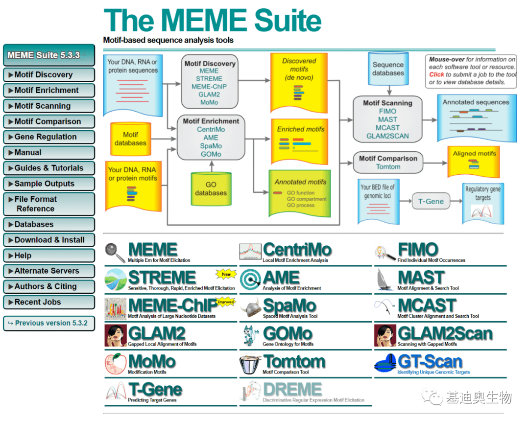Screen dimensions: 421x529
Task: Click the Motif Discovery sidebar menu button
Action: tap(48, 75)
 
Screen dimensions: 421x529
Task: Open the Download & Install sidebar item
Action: tap(48, 240)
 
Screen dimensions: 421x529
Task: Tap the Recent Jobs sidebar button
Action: tap(48, 302)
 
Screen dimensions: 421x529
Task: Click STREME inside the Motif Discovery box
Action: tap(209, 79)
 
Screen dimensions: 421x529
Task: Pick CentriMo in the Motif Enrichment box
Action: tap(211, 130)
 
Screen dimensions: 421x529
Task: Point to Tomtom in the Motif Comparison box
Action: tap(388, 167)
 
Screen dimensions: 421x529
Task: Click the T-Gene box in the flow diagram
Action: tap(431, 201)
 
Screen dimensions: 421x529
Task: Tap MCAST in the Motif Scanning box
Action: tap(387, 128)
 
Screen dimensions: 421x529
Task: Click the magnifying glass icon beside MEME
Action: tap(115, 252)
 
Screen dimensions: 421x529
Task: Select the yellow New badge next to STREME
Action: tap(226, 274)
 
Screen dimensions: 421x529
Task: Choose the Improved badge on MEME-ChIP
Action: tap(226, 302)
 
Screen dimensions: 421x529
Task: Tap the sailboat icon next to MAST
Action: tap(385, 280)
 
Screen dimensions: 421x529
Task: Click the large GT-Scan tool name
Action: tap(430, 362)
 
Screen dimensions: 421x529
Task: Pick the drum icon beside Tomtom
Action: tap(250, 364)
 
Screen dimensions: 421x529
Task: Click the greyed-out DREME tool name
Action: tap(292, 390)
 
